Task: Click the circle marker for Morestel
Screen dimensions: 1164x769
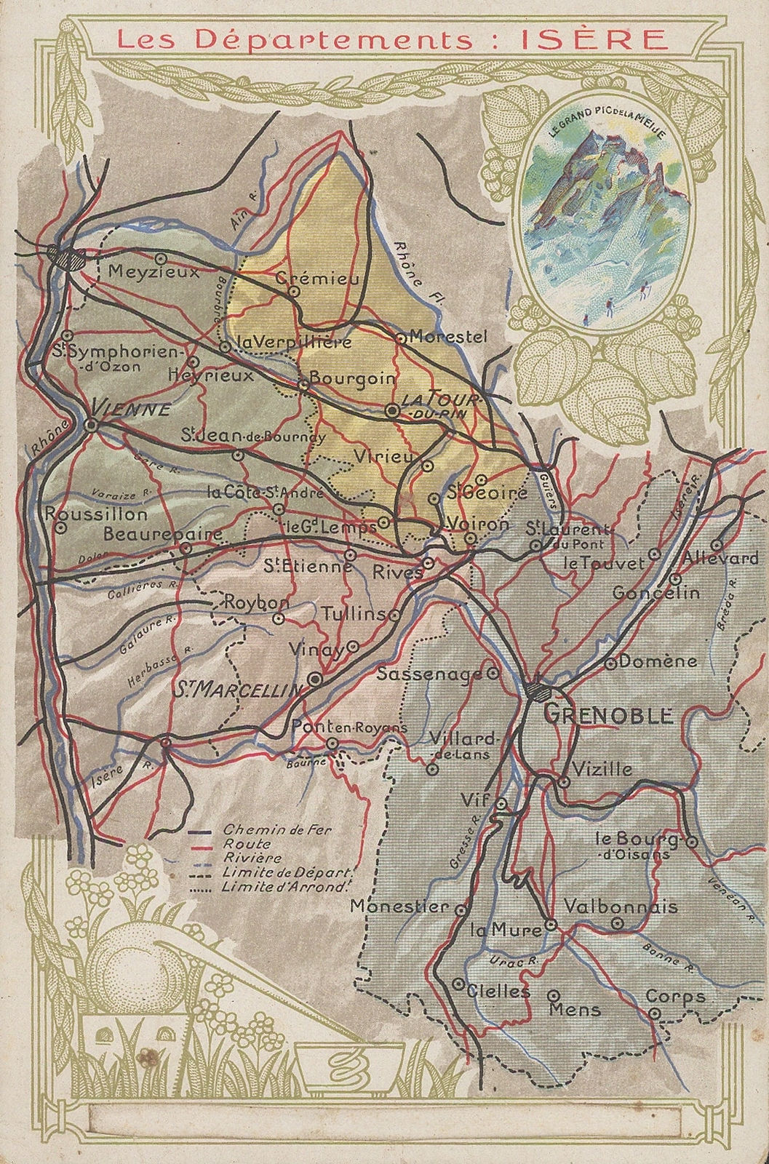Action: coord(399,338)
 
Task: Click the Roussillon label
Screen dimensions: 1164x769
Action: coord(96,514)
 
